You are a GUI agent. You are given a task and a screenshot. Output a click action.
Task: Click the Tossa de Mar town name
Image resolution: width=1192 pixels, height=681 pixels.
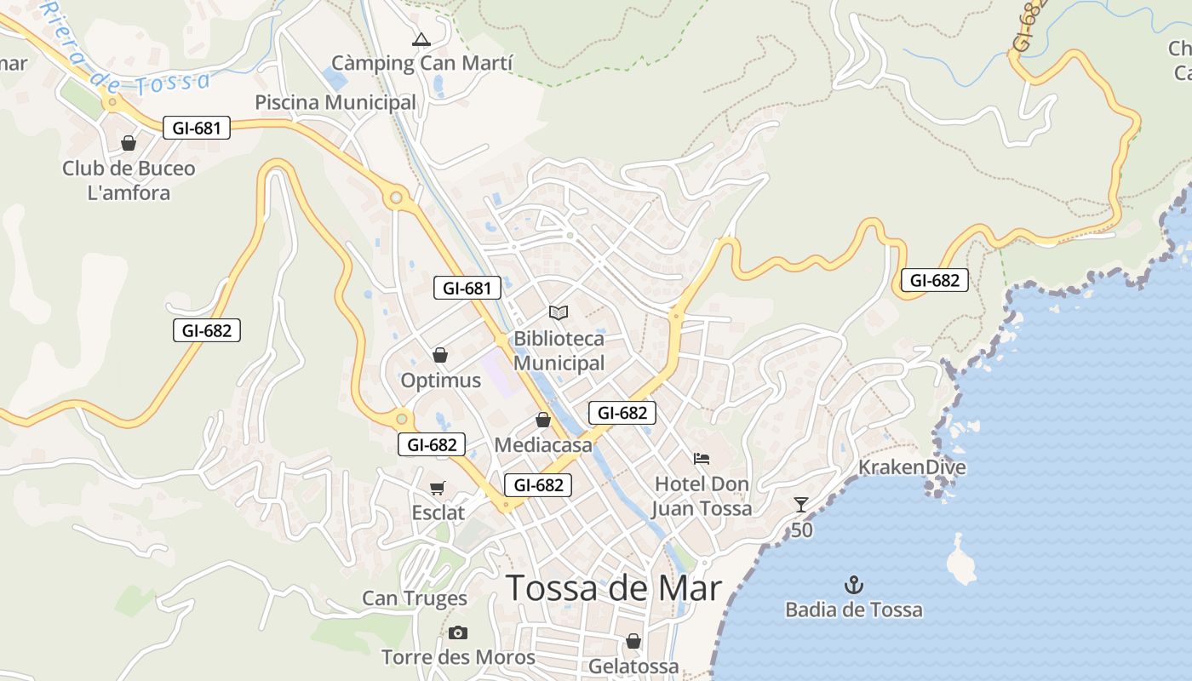pyautogui.click(x=613, y=588)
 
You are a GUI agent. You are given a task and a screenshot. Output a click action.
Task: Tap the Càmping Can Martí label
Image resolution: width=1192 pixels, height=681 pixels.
pyautogui.click(x=421, y=63)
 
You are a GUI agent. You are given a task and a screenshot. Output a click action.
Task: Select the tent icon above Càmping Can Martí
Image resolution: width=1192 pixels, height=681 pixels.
pyautogui.click(x=421, y=39)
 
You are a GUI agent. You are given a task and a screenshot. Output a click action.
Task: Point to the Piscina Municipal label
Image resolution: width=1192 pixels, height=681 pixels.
pyautogui.click(x=335, y=103)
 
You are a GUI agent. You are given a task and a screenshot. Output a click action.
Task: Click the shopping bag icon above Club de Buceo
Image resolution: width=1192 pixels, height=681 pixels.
pyautogui.click(x=129, y=143)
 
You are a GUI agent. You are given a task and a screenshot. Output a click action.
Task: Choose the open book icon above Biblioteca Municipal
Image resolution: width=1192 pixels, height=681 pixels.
pyautogui.click(x=559, y=313)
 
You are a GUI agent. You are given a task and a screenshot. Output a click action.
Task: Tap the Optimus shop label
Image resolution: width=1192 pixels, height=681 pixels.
pyautogui.click(x=440, y=381)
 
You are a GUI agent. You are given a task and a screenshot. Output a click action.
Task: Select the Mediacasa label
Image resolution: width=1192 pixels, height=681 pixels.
pyautogui.click(x=542, y=444)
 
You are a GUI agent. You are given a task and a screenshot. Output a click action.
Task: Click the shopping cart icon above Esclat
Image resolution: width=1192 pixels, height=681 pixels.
pyautogui.click(x=438, y=488)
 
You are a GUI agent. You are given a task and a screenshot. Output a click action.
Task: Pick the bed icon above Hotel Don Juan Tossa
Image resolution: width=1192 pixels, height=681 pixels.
pyautogui.click(x=702, y=459)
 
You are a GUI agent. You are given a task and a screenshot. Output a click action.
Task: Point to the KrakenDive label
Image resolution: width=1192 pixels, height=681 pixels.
pyautogui.click(x=912, y=467)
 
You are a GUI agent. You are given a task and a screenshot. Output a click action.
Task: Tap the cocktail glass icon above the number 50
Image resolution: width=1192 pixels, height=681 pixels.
pyautogui.click(x=800, y=505)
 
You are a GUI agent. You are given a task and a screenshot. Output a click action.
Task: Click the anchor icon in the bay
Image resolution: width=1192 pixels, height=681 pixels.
pyautogui.click(x=853, y=585)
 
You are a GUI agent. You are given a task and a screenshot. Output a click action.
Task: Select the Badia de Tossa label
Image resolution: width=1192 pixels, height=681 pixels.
pyautogui.click(x=853, y=609)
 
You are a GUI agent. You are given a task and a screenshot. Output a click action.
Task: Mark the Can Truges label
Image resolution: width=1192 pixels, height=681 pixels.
pyautogui.click(x=415, y=598)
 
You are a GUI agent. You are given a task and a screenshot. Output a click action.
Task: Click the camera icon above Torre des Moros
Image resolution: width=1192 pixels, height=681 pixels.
pyautogui.click(x=458, y=632)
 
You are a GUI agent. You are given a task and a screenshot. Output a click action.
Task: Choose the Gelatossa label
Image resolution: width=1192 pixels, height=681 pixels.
pyautogui.click(x=633, y=666)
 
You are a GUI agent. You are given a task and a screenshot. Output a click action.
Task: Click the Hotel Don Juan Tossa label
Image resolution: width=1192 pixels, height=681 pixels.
pyautogui.click(x=702, y=496)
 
